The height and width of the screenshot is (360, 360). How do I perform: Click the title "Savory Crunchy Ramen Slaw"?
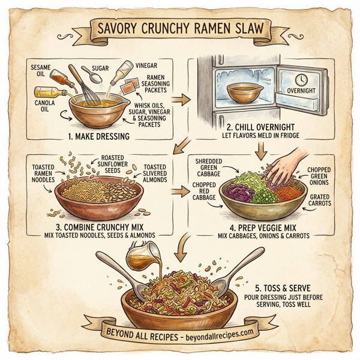(x=179, y=29)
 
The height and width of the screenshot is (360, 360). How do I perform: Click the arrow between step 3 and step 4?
(x=178, y=193)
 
